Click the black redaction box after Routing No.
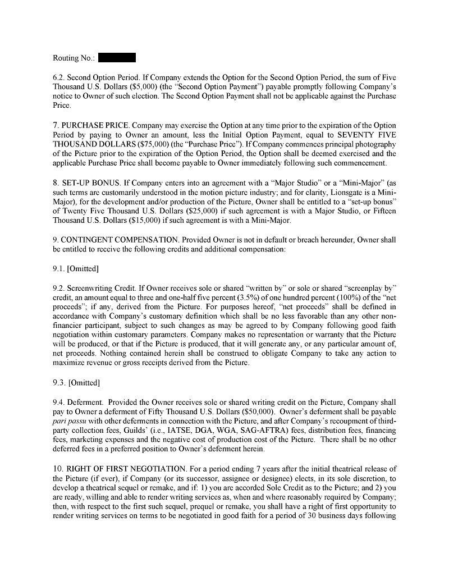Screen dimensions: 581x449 117,58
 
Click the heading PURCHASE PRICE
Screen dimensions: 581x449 95,126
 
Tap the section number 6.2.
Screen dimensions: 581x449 59,77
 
